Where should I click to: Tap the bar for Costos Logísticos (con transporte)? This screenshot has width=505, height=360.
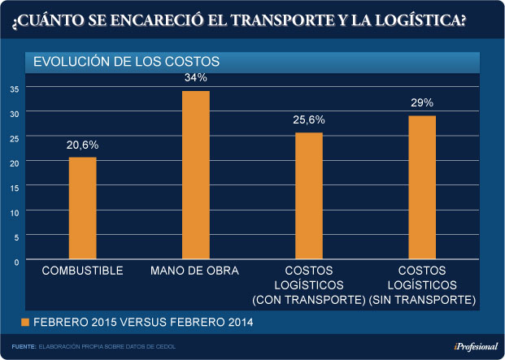click(x=308, y=196)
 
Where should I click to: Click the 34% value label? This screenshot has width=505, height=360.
click(x=196, y=78)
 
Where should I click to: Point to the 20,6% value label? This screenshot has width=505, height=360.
click(x=82, y=144)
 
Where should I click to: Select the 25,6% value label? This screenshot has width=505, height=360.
click(x=308, y=119)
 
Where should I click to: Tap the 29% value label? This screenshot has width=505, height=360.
click(x=422, y=103)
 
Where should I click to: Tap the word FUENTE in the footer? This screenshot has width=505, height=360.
click(x=24, y=347)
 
